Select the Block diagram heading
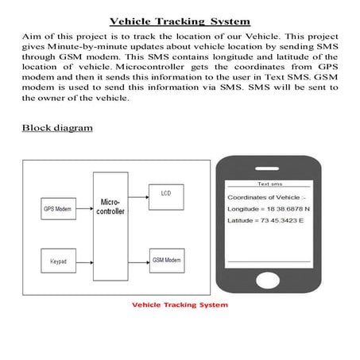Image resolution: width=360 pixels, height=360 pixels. point(57,127)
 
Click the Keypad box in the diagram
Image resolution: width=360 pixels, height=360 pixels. point(57,260)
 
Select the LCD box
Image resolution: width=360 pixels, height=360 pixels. point(165,193)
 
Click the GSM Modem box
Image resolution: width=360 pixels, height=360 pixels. point(166,260)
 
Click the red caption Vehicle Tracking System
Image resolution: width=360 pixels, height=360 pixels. point(180,304)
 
